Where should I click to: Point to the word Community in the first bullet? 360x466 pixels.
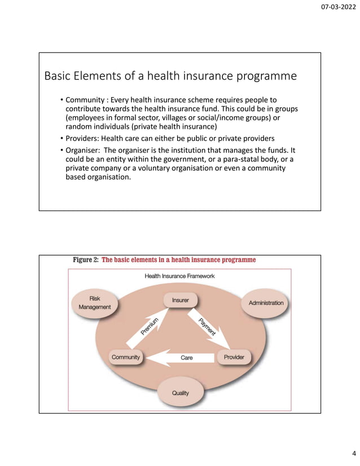86,100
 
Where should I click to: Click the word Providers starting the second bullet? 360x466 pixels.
84,138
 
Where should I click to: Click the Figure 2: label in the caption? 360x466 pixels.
86,260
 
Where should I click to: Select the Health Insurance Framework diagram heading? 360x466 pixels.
179,276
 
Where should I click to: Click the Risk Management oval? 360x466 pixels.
95,302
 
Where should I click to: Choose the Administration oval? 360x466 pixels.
266,303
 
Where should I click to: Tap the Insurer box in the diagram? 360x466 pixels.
181,300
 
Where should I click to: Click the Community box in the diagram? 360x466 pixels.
126,358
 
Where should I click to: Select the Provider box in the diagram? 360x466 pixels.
234,358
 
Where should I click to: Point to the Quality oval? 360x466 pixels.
181,393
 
